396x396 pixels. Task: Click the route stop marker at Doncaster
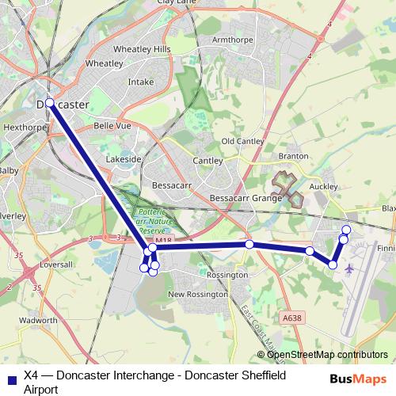pos(50,103)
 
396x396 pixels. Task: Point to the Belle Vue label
pos(112,125)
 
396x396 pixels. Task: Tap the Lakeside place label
pos(124,159)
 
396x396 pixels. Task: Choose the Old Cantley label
pos(242,140)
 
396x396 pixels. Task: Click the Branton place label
pos(293,157)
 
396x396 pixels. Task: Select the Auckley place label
pos(324,186)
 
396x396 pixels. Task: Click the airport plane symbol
pos(349,268)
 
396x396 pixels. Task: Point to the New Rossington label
pos(197,294)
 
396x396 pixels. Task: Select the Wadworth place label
pos(37,321)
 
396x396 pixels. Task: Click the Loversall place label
pos(55,264)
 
